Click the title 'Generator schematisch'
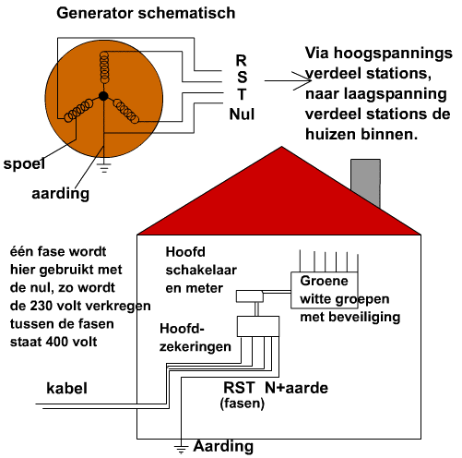[x=146, y=14]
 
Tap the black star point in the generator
[x=103, y=96]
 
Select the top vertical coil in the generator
[x=104, y=67]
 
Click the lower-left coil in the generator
[x=78, y=110]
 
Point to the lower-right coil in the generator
[x=126, y=111]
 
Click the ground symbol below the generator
[x=104, y=168]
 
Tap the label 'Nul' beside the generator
[x=242, y=114]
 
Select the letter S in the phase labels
[x=242, y=77]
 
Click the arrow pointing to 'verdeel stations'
[x=288, y=80]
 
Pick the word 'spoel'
[x=24, y=164]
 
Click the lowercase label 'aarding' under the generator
[x=61, y=194]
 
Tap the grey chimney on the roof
[x=365, y=182]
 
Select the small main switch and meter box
[x=250, y=296]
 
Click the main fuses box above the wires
[x=258, y=326]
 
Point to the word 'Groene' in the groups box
[x=324, y=281]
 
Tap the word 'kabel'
[x=66, y=388]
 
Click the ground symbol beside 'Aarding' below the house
[x=181, y=449]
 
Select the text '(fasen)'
[x=243, y=404]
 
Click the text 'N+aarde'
[x=296, y=388]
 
